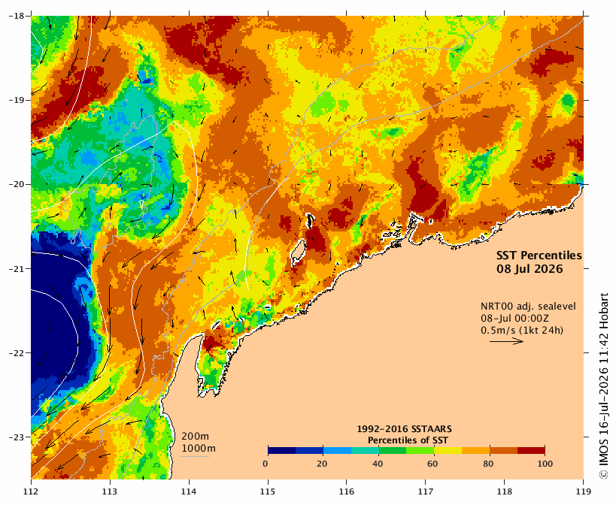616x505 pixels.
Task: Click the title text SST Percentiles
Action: click(x=539, y=256)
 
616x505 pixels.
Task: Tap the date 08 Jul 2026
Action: click(x=530, y=269)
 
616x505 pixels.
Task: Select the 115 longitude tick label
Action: click(x=268, y=491)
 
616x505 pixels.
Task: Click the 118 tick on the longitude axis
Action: click(x=505, y=491)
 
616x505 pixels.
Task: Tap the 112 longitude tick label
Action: click(x=31, y=491)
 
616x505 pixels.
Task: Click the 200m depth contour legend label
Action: click(x=196, y=437)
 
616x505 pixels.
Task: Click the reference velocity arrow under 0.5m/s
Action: click(x=506, y=341)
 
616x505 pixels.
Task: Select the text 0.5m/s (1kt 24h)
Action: click(x=522, y=331)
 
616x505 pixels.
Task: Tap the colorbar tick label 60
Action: click(x=432, y=464)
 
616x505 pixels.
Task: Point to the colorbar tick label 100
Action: click(x=545, y=464)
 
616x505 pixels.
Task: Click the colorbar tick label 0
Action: click(x=266, y=464)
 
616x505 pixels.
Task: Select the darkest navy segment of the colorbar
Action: click(x=282, y=450)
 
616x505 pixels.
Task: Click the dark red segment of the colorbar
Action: click(x=531, y=450)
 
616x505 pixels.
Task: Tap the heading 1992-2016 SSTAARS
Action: click(x=404, y=429)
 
